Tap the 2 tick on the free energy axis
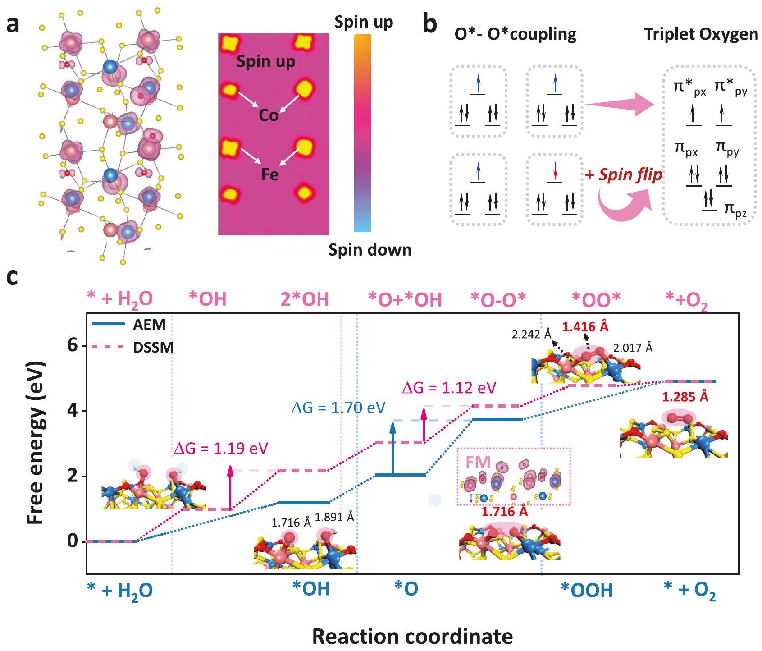coord(73,476)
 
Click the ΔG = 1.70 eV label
coord(338,408)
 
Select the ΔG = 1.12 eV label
coord(449,388)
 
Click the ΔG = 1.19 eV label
coord(221,449)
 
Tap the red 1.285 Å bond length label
coord(685,397)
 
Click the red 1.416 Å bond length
coord(585,326)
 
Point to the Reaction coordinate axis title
coord(412,636)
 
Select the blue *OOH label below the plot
coord(587,590)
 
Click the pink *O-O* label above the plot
coord(498,299)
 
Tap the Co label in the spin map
coord(268,115)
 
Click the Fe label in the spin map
coord(270,174)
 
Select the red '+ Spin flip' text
coord(624,174)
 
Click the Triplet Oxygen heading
coord(701,34)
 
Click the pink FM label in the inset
coord(478,462)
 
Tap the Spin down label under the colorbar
coord(370,250)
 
